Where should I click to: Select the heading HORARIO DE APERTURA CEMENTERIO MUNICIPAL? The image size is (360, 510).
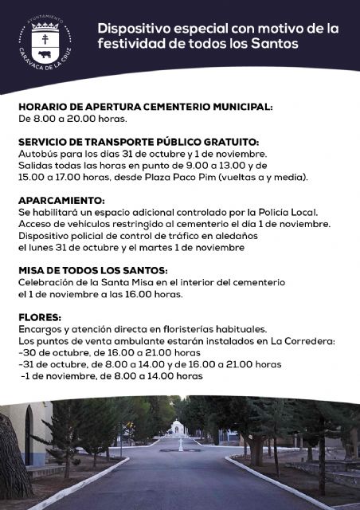(x=146, y=106)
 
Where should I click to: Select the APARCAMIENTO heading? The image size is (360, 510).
(x=61, y=200)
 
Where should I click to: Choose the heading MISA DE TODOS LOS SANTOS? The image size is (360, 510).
(x=92, y=271)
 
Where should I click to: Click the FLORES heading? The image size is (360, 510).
(x=37, y=317)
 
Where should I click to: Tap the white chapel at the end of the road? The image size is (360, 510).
(x=179, y=428)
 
